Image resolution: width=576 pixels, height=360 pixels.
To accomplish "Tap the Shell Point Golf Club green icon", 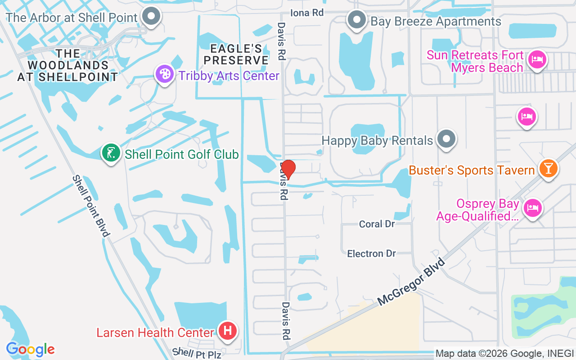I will tap(111, 153).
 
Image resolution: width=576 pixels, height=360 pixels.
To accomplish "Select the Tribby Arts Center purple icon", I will tap(164, 74).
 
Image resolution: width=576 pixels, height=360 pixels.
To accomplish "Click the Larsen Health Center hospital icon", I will tap(228, 331).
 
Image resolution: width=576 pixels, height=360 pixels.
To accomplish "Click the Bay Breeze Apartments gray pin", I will tap(357, 20).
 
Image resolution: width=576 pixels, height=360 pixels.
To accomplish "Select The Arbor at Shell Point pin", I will tap(151, 17).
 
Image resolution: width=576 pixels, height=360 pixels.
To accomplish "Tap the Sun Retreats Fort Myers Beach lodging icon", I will tap(537, 60).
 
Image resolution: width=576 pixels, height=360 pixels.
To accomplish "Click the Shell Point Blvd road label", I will tap(91, 206).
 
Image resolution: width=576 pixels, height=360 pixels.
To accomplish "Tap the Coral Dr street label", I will tap(377, 224).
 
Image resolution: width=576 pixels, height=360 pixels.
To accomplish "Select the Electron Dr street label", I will tap(371, 254).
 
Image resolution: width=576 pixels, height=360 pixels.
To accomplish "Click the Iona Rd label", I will tap(307, 13).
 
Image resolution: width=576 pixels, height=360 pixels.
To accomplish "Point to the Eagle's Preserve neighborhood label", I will tap(239, 54).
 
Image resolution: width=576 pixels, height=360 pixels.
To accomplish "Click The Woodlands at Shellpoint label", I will tap(67, 65).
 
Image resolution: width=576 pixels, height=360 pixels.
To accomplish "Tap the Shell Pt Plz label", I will tap(197, 353).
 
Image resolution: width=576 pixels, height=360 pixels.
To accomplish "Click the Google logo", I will tap(30, 349).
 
